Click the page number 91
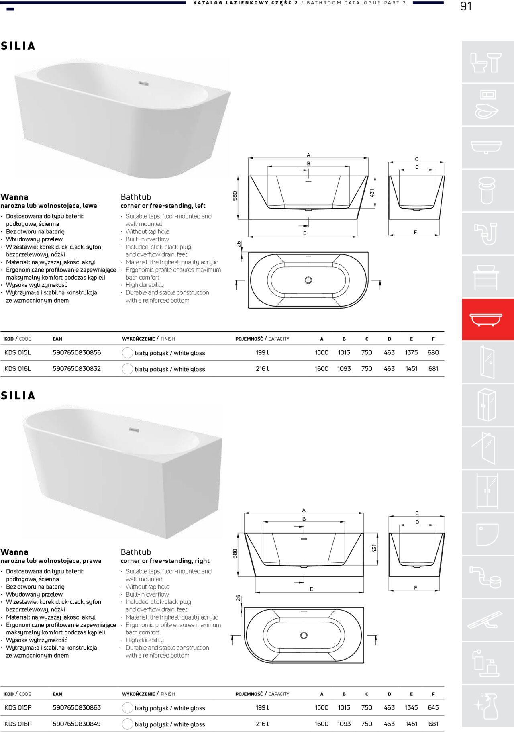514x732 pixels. pyautogui.click(x=466, y=7)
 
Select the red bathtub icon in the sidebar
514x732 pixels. pyautogui.click(x=487, y=320)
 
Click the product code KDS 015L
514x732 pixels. pyautogui.click(x=18, y=352)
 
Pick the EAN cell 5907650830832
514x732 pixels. pyautogui.click(x=77, y=368)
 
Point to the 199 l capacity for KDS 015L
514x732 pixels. pyautogui.click(x=262, y=352)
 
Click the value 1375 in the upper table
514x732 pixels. pyautogui.click(x=411, y=352)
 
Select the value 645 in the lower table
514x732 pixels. pyautogui.click(x=433, y=707)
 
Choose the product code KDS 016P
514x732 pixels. pyautogui.click(x=18, y=724)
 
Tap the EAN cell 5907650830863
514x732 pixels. pyautogui.click(x=77, y=707)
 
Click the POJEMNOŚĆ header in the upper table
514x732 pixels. pyautogui.click(x=249, y=339)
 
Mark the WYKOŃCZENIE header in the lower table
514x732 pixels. pyautogui.click(x=138, y=694)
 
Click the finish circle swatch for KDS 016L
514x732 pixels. pyautogui.click(x=127, y=369)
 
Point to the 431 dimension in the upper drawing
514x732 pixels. pyautogui.click(x=372, y=193)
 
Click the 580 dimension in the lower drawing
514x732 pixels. pyautogui.click(x=235, y=553)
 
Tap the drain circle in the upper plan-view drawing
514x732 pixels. pyautogui.click(x=308, y=280)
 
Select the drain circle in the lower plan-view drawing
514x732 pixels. pyautogui.click(x=304, y=635)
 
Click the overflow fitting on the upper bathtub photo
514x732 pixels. pyautogui.click(x=144, y=84)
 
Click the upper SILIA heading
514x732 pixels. pyautogui.click(x=18, y=46)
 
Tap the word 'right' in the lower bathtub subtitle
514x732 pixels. pyautogui.click(x=201, y=561)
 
